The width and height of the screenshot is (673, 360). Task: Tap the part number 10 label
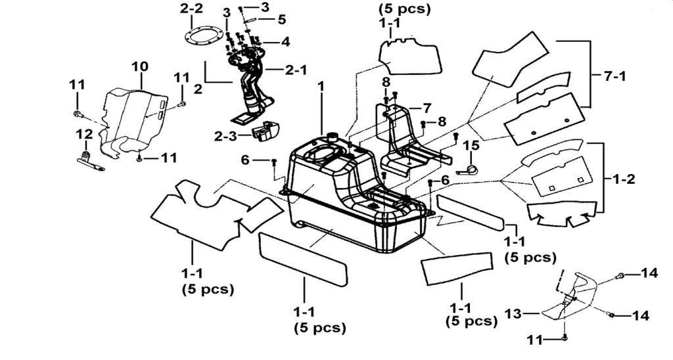click(139, 67)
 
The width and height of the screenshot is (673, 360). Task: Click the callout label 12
click(84, 135)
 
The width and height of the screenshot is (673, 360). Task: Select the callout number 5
click(281, 20)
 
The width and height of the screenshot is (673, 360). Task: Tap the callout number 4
click(285, 42)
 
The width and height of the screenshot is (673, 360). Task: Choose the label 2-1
click(296, 69)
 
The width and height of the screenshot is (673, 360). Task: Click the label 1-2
click(623, 179)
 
